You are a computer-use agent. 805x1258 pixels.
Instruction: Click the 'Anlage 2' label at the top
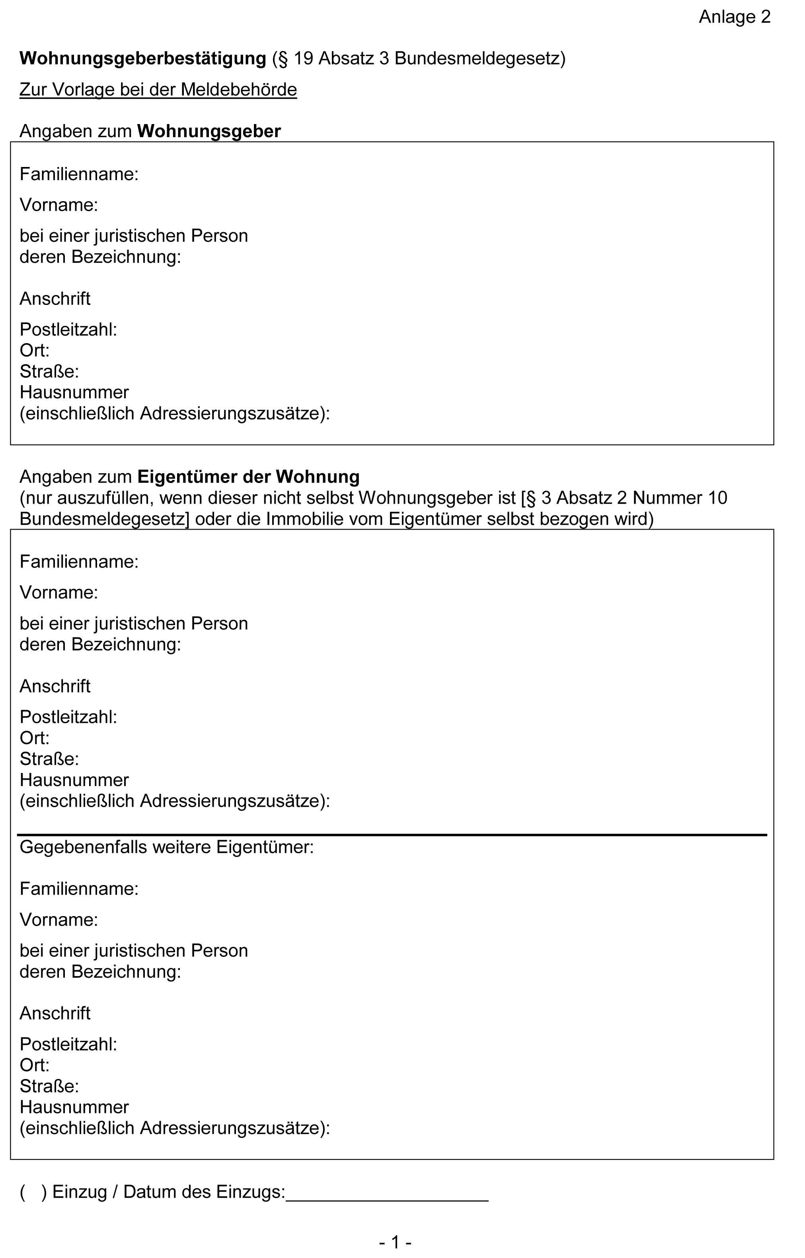735,17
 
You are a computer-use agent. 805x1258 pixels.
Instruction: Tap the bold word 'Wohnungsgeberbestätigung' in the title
143,58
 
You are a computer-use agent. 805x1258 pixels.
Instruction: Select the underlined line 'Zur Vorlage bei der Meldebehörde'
158,90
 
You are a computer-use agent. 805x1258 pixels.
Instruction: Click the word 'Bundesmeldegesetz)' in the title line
480,58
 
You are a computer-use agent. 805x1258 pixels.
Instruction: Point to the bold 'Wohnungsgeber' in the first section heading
209,131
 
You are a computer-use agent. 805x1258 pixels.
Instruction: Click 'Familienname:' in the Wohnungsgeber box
79,174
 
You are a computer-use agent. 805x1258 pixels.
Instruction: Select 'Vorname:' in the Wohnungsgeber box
58,205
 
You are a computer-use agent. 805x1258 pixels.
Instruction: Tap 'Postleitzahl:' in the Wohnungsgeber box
68,330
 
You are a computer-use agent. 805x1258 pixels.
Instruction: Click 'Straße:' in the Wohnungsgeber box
49,371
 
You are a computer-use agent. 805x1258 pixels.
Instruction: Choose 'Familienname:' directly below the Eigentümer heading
79,561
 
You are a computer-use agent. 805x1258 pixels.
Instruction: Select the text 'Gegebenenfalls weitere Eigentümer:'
167,847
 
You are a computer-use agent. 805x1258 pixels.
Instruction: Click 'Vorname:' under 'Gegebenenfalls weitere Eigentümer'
58,920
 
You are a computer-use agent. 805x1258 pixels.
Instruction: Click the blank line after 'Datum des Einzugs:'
387,1198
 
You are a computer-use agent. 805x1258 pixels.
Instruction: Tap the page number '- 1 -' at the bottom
395,1242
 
